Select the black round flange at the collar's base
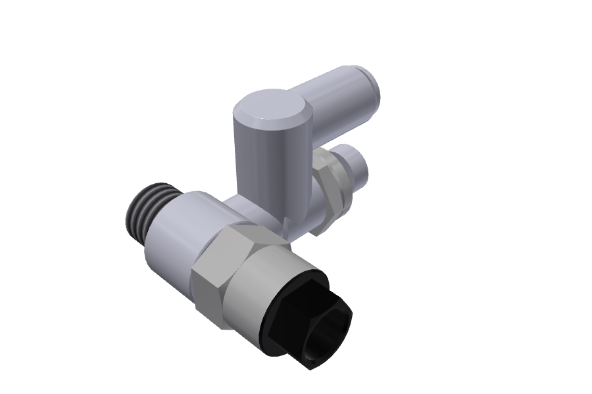click(x=276, y=335)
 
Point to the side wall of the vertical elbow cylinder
click(x=260, y=164)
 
